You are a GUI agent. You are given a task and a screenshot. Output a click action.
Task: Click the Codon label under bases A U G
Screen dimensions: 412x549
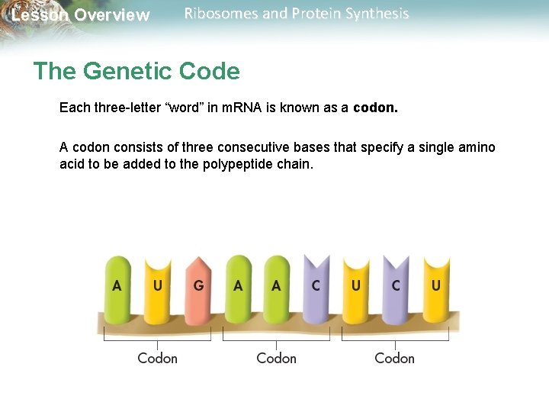(157, 358)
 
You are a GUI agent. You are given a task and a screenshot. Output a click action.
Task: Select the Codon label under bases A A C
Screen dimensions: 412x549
(276, 358)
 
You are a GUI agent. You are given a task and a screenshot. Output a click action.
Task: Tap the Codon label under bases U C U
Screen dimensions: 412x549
(394, 358)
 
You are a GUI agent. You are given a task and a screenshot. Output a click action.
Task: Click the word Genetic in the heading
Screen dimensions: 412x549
(130, 72)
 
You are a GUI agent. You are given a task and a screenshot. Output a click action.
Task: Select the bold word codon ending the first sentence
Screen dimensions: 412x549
(375, 108)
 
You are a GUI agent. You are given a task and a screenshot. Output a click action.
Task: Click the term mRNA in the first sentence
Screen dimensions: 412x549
(241, 108)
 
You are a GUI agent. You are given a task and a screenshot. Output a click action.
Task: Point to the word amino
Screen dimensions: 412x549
(477, 147)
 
